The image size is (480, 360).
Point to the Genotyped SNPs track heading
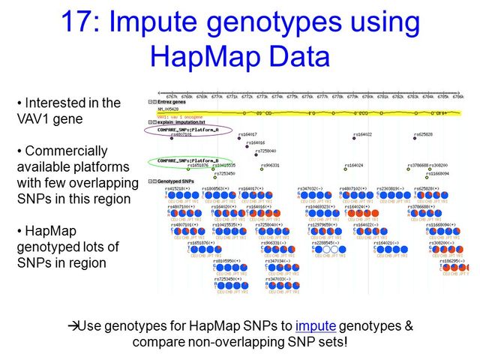point(174,181)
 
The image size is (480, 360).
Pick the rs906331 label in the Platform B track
point(269,165)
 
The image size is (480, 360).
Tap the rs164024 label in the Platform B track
point(353,165)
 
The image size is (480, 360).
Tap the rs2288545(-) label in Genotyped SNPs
point(325,242)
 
